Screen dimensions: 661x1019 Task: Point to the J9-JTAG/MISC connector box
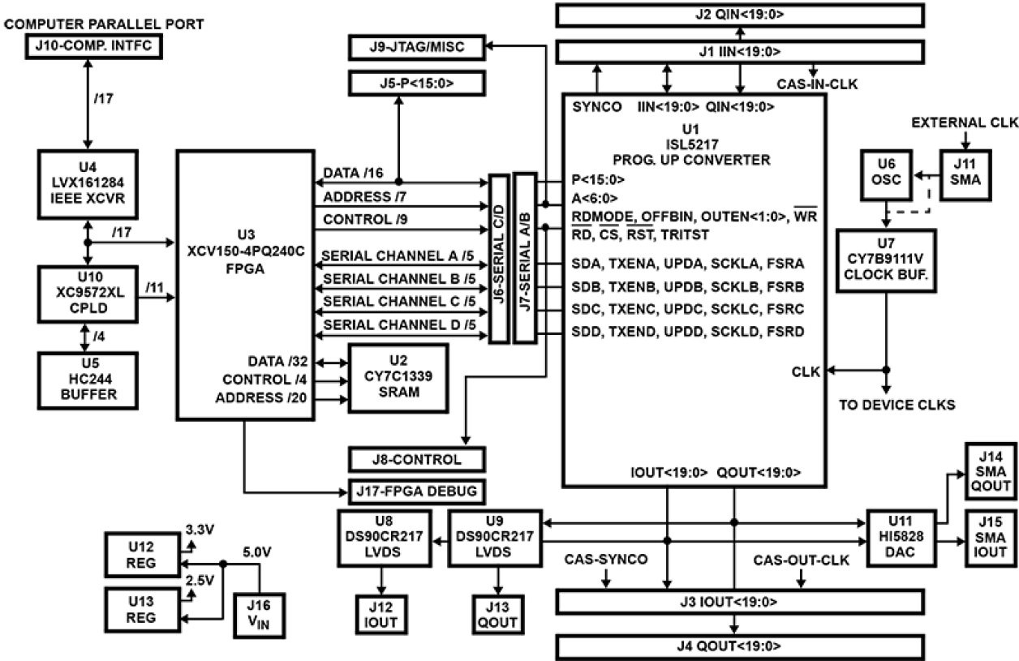416,47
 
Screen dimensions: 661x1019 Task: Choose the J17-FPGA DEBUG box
416,491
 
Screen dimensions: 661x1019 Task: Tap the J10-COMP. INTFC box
92,47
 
